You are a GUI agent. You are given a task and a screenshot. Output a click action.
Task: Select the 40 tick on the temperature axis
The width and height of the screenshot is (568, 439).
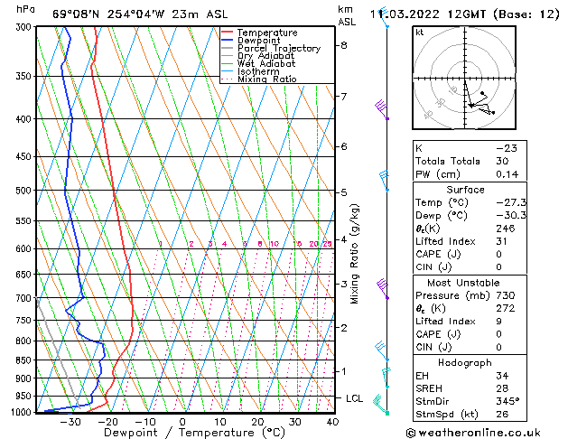click(x=332, y=421)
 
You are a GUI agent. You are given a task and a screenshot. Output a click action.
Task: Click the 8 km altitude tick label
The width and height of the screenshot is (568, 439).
click(x=343, y=45)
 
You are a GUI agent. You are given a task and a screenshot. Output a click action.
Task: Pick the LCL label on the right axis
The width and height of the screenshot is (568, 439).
click(x=355, y=398)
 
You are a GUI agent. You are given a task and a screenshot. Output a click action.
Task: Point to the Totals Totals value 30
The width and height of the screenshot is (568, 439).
click(x=503, y=161)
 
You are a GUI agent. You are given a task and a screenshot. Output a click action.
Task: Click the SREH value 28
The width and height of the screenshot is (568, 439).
click(x=503, y=388)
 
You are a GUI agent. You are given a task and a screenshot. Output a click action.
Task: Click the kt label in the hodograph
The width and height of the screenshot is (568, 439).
click(x=420, y=32)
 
